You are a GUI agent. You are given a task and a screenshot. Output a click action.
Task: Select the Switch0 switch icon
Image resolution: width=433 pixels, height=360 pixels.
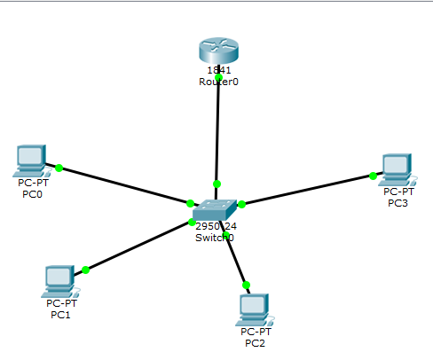(x=214, y=209)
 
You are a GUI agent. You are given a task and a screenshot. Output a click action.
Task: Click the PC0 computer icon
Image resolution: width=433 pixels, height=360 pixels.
(x=31, y=160)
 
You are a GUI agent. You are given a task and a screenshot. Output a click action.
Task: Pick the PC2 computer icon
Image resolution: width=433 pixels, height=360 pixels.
(x=255, y=308)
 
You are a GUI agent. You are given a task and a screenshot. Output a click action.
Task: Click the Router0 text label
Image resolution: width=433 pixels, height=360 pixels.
(x=219, y=82)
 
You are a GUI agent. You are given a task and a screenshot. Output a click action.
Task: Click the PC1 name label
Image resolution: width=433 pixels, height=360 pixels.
(x=60, y=314)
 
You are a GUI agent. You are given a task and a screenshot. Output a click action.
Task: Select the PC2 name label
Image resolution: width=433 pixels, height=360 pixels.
(x=255, y=342)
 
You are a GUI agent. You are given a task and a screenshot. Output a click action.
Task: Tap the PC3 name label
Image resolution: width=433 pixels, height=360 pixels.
(x=398, y=202)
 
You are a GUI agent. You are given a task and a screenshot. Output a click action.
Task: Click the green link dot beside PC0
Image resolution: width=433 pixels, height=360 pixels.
(x=59, y=167)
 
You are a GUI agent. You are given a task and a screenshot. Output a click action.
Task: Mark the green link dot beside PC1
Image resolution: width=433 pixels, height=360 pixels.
(x=85, y=270)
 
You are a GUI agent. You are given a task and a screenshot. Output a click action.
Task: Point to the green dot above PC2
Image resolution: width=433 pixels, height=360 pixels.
(x=246, y=285)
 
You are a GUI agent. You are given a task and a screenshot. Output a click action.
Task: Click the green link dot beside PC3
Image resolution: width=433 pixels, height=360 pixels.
(x=373, y=176)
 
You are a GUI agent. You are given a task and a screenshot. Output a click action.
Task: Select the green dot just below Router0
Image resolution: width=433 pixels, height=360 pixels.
(x=218, y=77)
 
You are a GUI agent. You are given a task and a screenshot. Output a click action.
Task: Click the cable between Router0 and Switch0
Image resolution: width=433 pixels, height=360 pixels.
(x=217, y=133)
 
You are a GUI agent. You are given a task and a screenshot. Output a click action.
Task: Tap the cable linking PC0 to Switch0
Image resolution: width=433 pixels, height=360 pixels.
(x=124, y=185)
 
